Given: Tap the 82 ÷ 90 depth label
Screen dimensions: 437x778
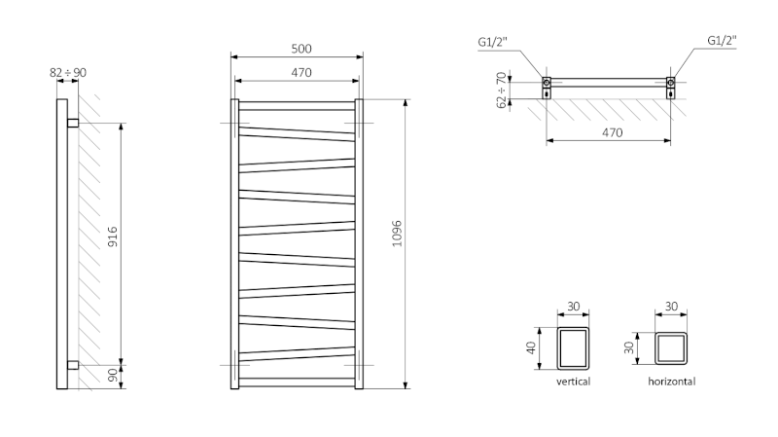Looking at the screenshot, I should [x=67, y=72].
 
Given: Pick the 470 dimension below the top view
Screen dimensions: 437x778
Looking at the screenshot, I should [x=609, y=131].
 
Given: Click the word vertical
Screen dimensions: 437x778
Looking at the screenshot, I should [x=573, y=382].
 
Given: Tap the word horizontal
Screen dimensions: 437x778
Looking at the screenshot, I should [x=672, y=382].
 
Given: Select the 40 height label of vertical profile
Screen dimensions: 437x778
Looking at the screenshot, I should [x=532, y=347].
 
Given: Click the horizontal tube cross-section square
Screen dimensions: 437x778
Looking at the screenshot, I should [x=672, y=347].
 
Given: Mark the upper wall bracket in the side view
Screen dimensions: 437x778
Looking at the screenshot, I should [x=73, y=124].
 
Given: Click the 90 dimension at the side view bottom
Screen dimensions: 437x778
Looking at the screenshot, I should [x=113, y=375].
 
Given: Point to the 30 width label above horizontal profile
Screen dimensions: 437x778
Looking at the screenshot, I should [x=671, y=307].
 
